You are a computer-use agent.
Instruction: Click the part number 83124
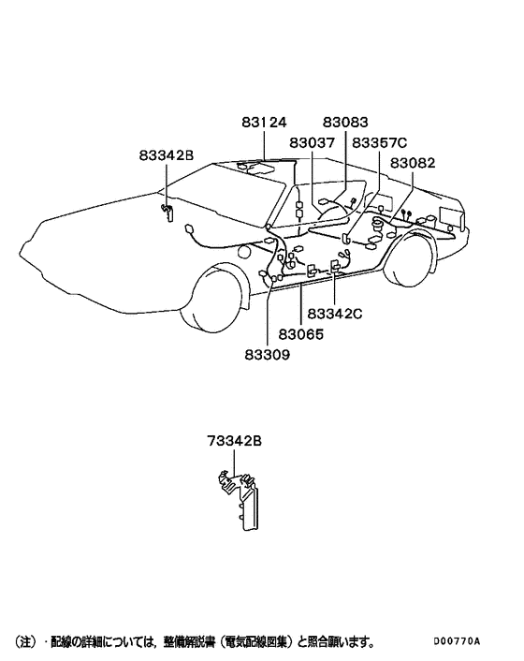point(264,123)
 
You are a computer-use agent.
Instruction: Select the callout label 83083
point(345,123)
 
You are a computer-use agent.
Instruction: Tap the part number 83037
point(312,143)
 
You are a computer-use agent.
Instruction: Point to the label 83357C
point(380,143)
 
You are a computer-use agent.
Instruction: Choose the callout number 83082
point(413,163)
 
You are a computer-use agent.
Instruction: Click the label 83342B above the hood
point(167,155)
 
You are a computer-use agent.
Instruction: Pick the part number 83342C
point(335,314)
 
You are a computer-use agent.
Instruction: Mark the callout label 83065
point(301,334)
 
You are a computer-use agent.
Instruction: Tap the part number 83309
point(268,355)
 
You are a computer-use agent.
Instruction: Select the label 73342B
point(234,441)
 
